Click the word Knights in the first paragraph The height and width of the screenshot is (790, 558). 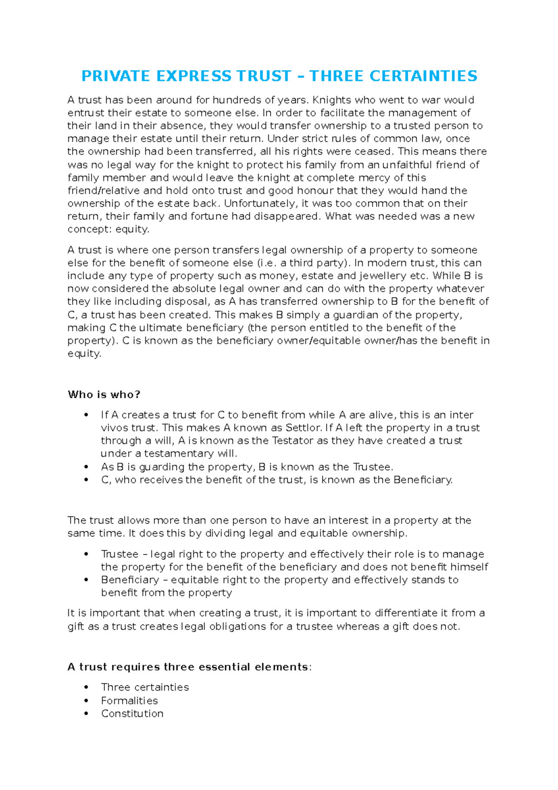point(332,100)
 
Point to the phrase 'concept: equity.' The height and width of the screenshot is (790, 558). point(108,229)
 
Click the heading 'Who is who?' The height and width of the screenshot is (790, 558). point(104,395)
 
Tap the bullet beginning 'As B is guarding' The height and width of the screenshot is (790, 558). point(247,467)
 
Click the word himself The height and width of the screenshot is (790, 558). point(469,567)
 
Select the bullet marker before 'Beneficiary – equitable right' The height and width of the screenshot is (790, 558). point(86,580)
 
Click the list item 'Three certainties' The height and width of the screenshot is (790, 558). point(145,687)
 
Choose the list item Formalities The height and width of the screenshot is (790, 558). point(129,701)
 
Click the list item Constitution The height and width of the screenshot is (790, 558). point(132,714)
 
